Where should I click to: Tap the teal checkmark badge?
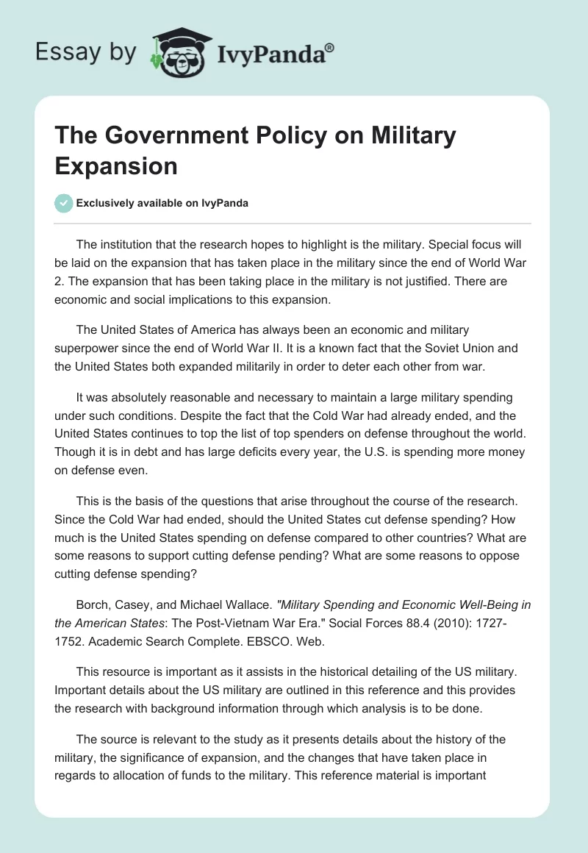point(64,203)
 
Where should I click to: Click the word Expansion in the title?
point(117,165)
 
